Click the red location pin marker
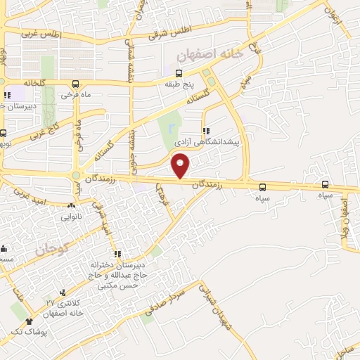pos(181,166)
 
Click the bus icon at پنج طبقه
pos(179,73)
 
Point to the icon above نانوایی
pos(70,206)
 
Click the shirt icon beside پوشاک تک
pos(29,321)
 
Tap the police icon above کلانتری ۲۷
pos(64,292)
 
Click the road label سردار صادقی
pos(169,300)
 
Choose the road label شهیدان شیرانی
pos(214,304)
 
